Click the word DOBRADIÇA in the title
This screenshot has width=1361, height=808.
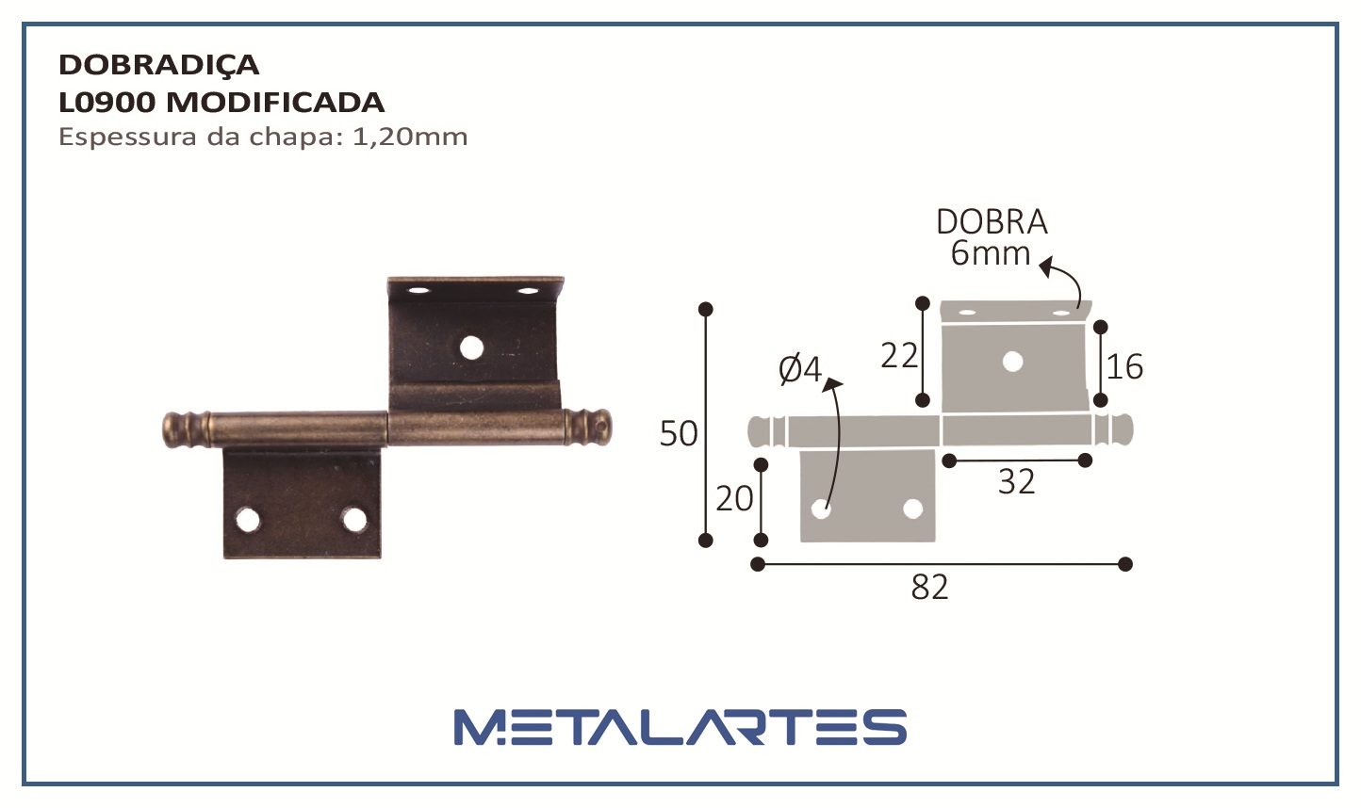click(x=158, y=65)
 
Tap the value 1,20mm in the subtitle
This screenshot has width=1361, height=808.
click(x=409, y=137)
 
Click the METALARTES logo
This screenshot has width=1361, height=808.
click(x=680, y=727)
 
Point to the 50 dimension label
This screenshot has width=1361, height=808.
click(x=679, y=434)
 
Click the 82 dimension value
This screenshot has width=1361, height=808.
click(x=929, y=588)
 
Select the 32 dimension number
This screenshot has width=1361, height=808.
click(x=1016, y=482)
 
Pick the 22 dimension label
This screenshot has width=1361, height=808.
click(x=899, y=356)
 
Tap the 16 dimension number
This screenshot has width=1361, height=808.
click(x=1124, y=367)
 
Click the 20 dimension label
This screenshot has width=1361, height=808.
click(x=734, y=498)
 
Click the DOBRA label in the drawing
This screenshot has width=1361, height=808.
click(x=992, y=222)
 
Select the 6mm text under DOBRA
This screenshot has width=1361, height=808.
click(x=990, y=253)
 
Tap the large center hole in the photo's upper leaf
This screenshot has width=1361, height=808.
click(x=471, y=348)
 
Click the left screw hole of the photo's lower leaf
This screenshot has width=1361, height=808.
click(x=248, y=519)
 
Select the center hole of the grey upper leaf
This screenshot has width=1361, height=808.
click(x=1012, y=361)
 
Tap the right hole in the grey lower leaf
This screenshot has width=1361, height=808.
click(x=911, y=509)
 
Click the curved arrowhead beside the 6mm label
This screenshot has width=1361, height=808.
click(x=1045, y=267)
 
